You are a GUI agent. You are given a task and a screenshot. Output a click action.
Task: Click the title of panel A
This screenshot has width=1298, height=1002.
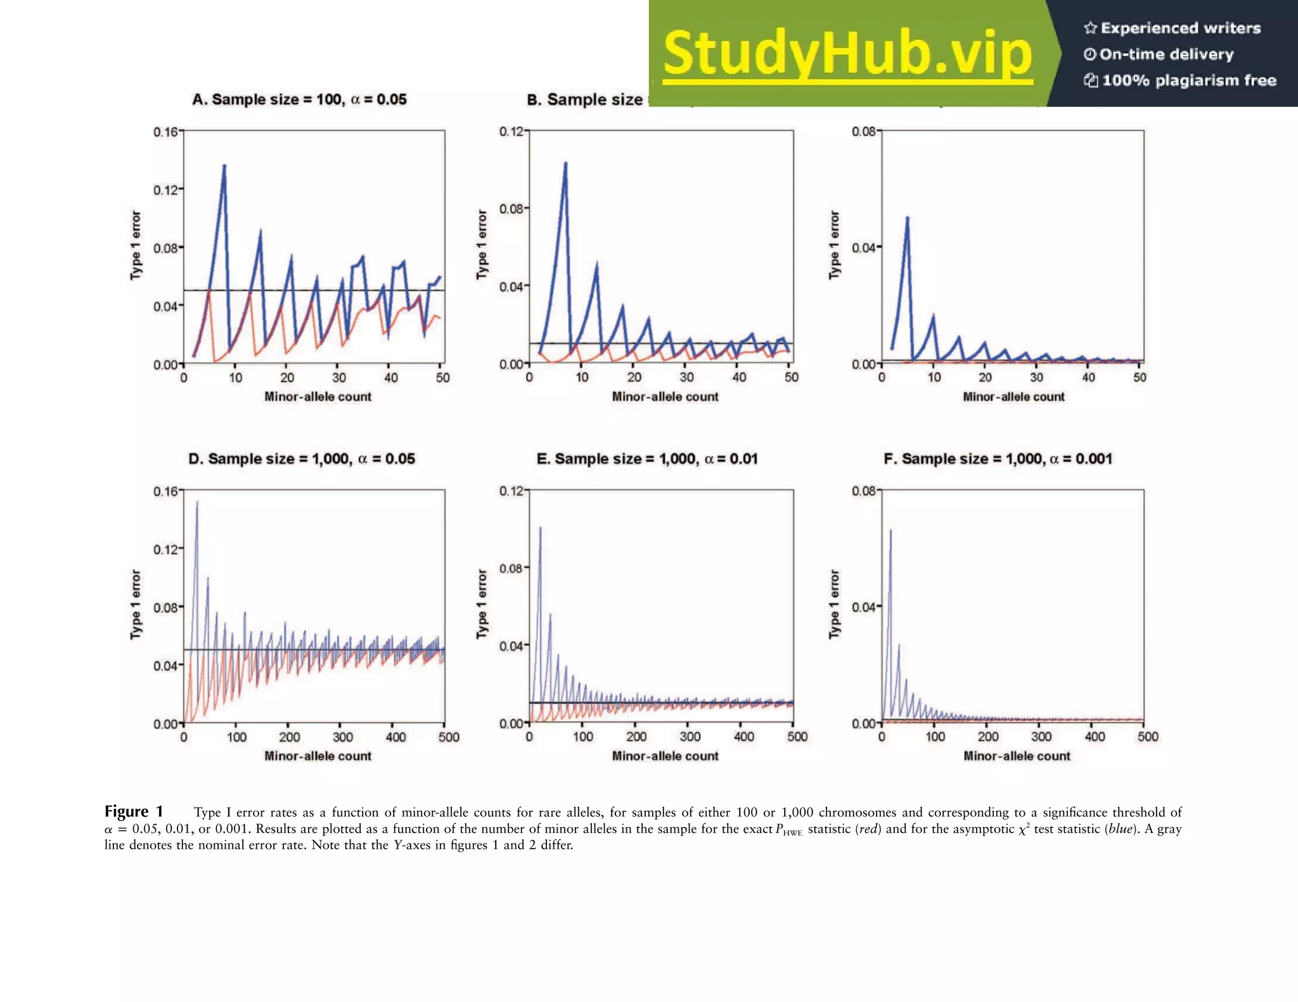(x=299, y=99)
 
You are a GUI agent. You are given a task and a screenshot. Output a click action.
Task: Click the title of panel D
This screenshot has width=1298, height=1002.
(x=302, y=459)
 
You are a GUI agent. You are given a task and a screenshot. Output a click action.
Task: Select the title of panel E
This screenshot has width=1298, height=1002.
(x=646, y=459)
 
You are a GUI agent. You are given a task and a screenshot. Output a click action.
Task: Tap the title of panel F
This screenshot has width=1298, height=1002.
(x=998, y=459)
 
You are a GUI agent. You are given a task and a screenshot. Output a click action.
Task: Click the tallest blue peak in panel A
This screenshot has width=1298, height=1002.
(x=224, y=167)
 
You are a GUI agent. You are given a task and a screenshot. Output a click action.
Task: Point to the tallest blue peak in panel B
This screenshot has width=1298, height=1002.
(x=565, y=163)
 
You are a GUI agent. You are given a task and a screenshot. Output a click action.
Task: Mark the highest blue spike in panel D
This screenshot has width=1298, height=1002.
(x=196, y=502)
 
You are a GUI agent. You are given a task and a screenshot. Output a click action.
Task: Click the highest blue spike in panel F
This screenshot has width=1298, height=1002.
(x=890, y=530)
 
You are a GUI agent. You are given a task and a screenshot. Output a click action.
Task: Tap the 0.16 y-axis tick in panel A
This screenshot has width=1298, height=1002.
(x=165, y=132)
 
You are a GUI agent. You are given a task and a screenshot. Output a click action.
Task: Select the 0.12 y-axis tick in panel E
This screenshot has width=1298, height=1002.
(x=511, y=491)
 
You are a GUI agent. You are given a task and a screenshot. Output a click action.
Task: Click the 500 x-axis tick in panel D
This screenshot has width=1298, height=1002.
(x=449, y=737)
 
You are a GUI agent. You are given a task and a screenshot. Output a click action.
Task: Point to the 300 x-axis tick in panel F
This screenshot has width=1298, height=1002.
(x=1041, y=737)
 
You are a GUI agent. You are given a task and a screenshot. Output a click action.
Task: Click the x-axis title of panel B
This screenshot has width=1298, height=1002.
(x=665, y=396)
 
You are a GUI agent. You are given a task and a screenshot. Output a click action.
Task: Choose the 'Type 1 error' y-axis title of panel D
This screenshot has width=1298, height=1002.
(x=136, y=604)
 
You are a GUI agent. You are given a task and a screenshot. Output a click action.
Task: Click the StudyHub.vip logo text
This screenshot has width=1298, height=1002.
(x=847, y=54)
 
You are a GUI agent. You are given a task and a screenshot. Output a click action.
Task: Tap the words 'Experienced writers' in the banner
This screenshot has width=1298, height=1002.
(x=1180, y=28)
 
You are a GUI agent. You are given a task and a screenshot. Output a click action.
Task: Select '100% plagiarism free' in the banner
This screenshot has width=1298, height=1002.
(x=1188, y=80)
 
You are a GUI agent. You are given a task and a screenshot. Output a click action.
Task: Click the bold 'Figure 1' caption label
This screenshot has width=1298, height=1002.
(x=134, y=811)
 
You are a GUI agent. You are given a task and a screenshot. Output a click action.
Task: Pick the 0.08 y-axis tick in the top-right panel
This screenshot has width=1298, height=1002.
(x=863, y=132)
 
